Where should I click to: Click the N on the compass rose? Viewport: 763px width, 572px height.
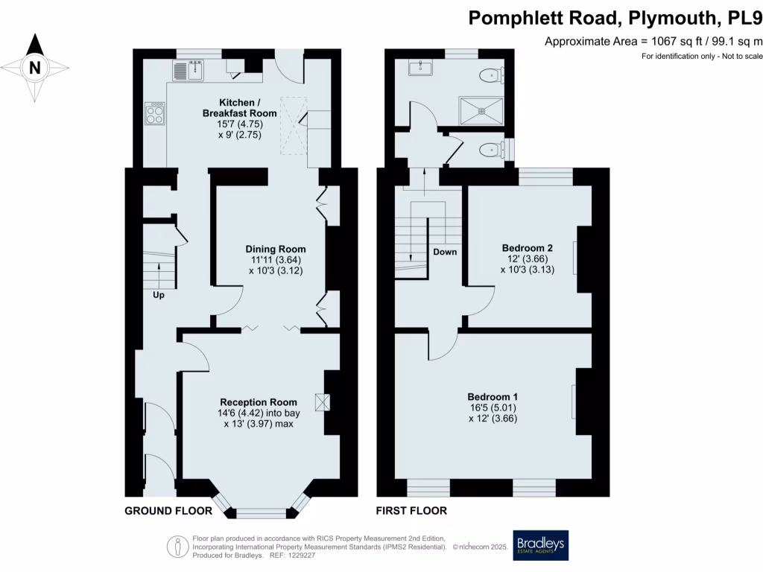[x=34, y=68]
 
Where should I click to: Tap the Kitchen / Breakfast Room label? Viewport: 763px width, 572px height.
[x=239, y=108]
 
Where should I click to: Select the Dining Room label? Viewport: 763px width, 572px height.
[x=276, y=249]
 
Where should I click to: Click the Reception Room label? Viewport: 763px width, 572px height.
[x=259, y=402]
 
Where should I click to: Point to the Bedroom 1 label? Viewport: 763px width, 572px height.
[x=493, y=397]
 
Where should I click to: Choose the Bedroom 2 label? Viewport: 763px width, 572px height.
[x=527, y=248]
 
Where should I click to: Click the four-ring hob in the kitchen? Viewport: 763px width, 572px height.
[x=155, y=113]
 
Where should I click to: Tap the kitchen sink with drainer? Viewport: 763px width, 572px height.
[x=189, y=71]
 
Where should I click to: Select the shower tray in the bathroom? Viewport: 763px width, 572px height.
[x=481, y=110]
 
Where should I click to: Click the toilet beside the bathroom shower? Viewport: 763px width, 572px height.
[x=491, y=75]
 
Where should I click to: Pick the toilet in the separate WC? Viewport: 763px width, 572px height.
[x=491, y=150]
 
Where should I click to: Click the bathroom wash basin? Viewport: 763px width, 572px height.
[x=420, y=68]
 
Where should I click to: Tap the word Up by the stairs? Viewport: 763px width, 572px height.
[x=159, y=295]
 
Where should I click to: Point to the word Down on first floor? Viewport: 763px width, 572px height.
[x=445, y=252]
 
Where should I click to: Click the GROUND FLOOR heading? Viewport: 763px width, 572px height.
[x=168, y=511]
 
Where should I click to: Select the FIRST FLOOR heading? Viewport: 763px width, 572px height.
[x=411, y=511]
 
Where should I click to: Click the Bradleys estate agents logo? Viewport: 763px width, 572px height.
[x=541, y=545]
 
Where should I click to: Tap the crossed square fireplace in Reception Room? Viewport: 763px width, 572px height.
[x=322, y=402]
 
